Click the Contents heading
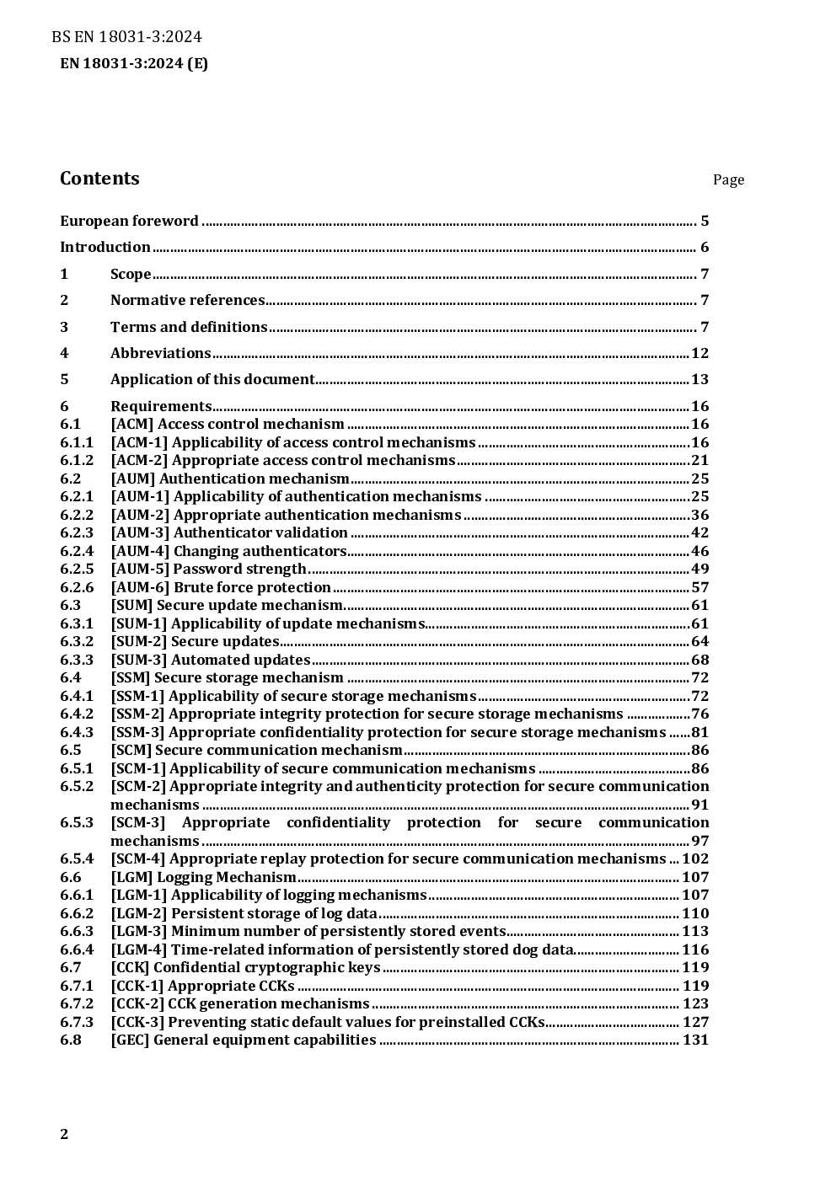click(x=99, y=179)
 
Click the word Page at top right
click(x=728, y=179)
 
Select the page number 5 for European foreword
click(x=705, y=222)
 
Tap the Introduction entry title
click(x=104, y=248)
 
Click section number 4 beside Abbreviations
click(x=64, y=353)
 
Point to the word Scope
click(x=131, y=275)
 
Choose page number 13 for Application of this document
click(x=699, y=380)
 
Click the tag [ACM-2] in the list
click(x=139, y=461)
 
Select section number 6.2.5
click(x=77, y=570)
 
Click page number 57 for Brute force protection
click(x=699, y=588)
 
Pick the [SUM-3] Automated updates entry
click(x=211, y=661)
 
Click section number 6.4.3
click(x=77, y=733)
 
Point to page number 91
click(x=699, y=805)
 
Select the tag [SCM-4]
click(x=138, y=859)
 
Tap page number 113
click(x=695, y=932)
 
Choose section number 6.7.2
click(x=77, y=1004)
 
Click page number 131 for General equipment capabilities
click(x=695, y=1040)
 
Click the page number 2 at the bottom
click(x=64, y=1134)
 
